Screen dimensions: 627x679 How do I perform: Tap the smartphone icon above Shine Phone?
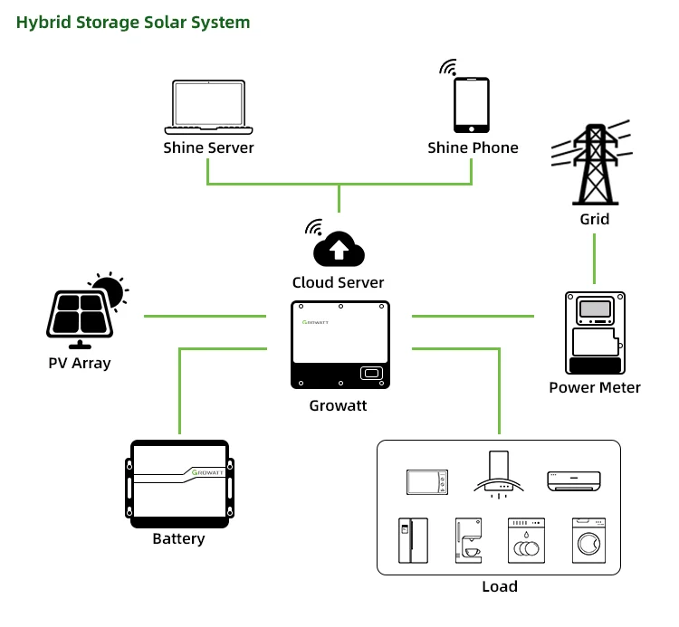point(471,105)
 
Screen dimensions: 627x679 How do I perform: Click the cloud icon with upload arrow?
point(338,248)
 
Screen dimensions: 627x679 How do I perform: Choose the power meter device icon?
point(595,332)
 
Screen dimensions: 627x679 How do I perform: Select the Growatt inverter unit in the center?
point(339,345)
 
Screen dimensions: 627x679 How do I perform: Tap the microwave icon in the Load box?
point(426,481)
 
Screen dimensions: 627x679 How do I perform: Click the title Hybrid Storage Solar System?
point(133,22)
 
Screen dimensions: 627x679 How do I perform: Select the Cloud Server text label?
point(338,282)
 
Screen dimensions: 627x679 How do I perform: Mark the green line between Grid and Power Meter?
point(594,259)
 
